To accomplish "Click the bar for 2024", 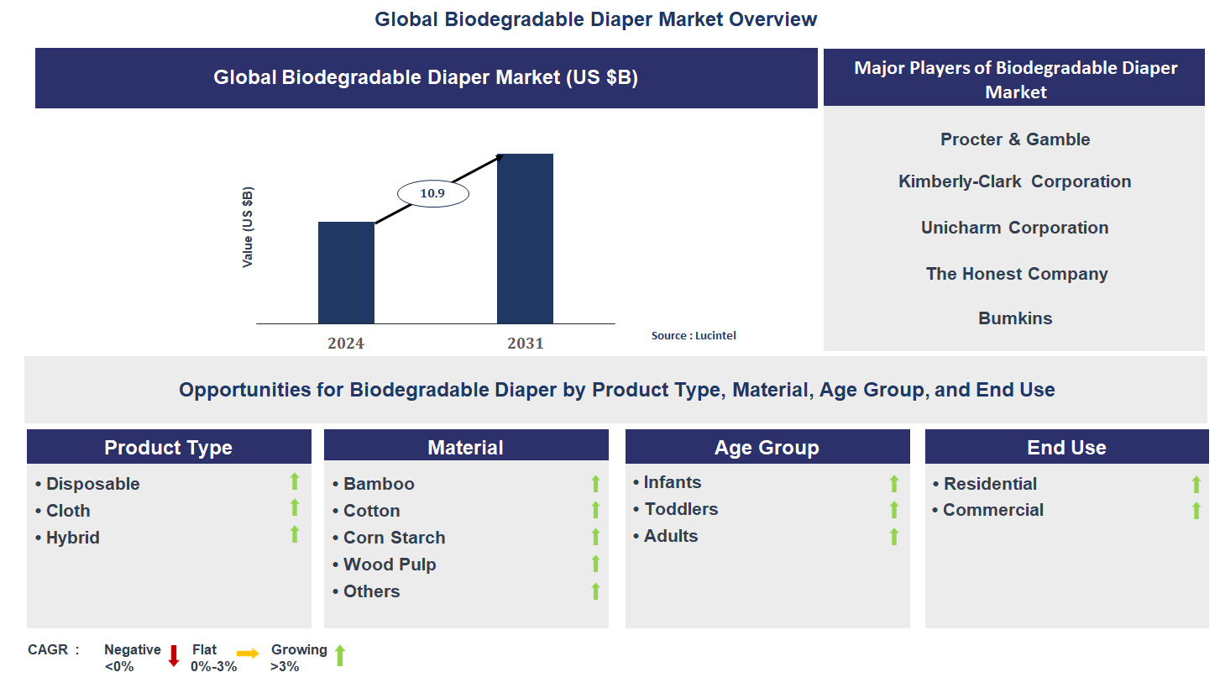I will [346, 273].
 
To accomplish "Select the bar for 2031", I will [525, 239].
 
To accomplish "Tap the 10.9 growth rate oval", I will [432, 193].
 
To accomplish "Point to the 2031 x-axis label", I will [525, 344].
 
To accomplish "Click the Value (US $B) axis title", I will [247, 228].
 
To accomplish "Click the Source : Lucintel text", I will [694, 335].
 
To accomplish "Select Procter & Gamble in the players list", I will [1015, 139].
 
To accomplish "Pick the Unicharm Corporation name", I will [1014, 228].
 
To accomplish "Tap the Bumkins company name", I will [1015, 318].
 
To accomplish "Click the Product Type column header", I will [168, 448].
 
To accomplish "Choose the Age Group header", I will [767, 448].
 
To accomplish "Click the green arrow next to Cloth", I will [295, 507].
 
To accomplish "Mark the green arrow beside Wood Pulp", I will [595, 564].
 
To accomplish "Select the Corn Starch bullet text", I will [394, 538].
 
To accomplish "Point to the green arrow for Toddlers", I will [894, 510].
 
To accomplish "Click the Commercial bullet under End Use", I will [992, 510].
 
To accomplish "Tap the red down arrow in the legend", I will [174, 655].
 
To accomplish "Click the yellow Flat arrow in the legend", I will [248, 654].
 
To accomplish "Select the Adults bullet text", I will [670, 536].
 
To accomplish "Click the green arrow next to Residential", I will [1196, 484].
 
